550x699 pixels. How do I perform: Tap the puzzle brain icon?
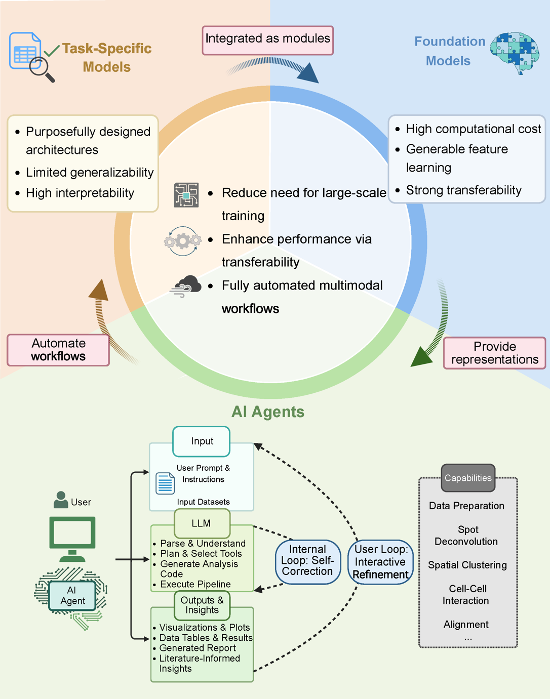(x=515, y=52)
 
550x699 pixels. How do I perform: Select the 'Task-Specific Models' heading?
(x=107, y=58)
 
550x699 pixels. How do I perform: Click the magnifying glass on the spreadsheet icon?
(x=41, y=68)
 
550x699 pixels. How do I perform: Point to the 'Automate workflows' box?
(x=58, y=350)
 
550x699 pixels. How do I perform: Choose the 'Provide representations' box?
(x=494, y=353)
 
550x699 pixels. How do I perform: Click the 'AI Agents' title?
(x=268, y=412)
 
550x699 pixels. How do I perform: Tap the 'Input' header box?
(x=202, y=441)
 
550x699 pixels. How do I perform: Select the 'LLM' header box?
(x=202, y=523)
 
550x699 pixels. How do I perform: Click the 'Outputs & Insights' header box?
(x=202, y=605)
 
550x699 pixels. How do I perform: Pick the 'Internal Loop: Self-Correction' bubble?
(x=307, y=561)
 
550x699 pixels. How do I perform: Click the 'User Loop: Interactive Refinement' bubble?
(x=380, y=562)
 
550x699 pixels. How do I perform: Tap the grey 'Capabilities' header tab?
(x=468, y=478)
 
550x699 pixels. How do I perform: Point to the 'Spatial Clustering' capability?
(x=467, y=565)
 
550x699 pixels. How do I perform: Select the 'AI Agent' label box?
(x=72, y=596)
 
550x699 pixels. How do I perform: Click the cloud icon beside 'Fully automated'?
(x=186, y=286)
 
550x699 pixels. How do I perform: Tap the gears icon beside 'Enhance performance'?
(x=183, y=241)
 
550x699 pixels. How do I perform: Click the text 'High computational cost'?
(x=473, y=129)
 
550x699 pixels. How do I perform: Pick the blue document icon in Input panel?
(x=165, y=483)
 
